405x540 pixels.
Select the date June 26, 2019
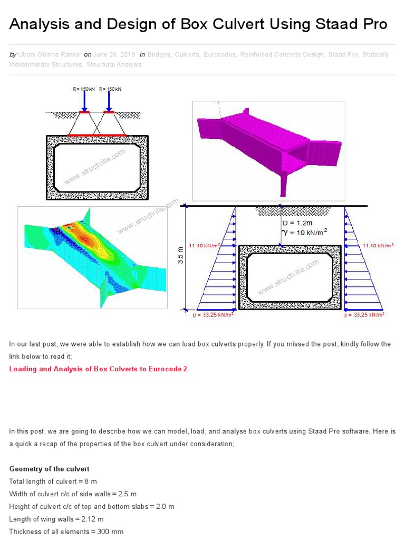[x=114, y=54]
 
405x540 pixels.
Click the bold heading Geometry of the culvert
[x=50, y=469]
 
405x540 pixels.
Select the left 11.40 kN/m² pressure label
[x=204, y=245]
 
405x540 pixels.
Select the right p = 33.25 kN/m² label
[x=364, y=314]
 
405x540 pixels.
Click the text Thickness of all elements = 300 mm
[x=66, y=532]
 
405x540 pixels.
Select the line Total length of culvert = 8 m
[x=53, y=481]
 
